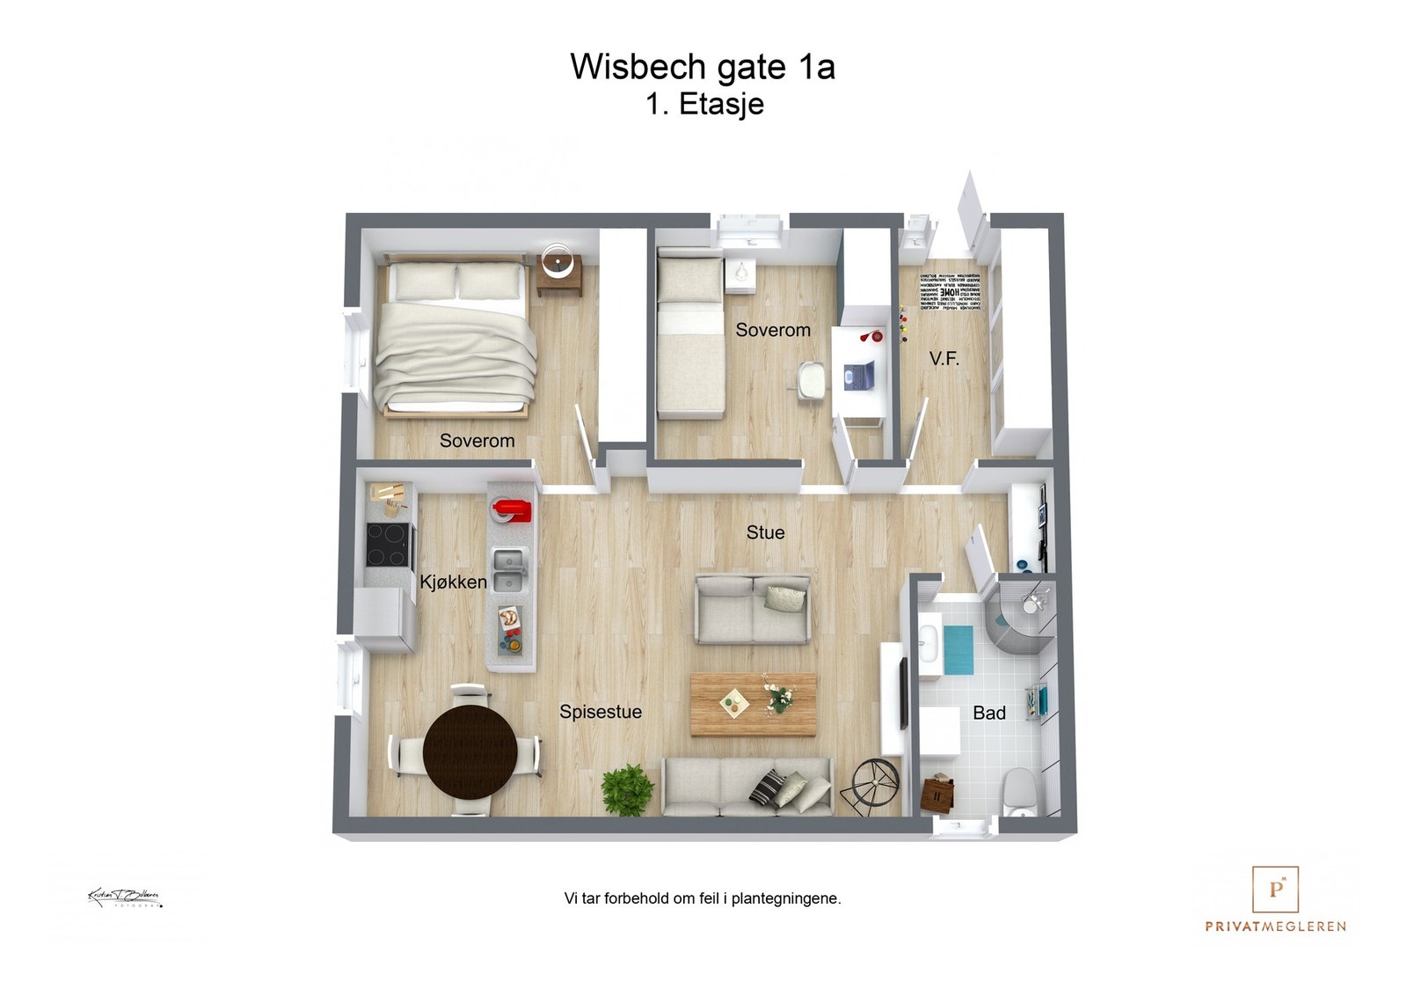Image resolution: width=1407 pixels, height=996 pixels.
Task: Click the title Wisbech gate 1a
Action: tap(702, 67)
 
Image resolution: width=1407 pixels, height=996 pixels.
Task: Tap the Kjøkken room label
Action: tap(453, 582)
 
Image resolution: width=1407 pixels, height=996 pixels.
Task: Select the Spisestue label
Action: tap(601, 712)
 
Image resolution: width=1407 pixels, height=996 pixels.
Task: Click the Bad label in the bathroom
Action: tap(988, 714)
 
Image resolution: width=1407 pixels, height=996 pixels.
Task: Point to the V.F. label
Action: tap(944, 359)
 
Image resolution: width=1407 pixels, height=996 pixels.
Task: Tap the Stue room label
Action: tap(765, 532)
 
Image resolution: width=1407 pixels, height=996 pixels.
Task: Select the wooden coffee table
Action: tap(753, 704)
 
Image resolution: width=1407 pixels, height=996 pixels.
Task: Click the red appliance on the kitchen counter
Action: tap(511, 510)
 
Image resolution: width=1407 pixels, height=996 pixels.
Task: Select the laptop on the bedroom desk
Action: tap(858, 375)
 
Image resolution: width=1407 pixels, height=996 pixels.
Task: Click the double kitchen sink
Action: tap(510, 570)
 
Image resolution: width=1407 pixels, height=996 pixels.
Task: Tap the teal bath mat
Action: tap(958, 650)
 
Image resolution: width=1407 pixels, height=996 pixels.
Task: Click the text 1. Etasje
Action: tap(704, 104)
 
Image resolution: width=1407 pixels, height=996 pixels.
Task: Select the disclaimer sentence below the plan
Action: tap(703, 898)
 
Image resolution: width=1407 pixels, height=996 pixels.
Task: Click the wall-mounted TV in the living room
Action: tap(902, 692)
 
